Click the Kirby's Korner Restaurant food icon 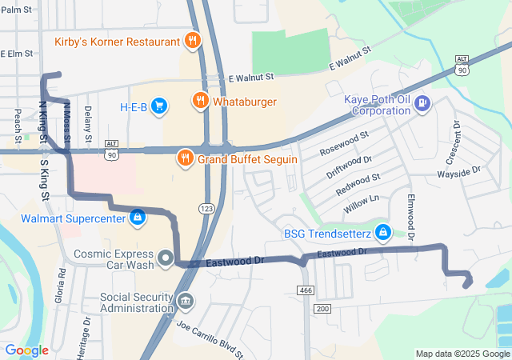pos(191,40)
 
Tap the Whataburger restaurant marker pos(199,102)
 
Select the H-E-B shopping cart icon pos(158,105)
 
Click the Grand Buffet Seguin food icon pos(186,158)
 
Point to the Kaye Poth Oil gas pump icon pos(422,103)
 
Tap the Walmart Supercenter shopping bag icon pos(138,217)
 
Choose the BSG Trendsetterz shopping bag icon pos(383,233)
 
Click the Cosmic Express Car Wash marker pos(166,258)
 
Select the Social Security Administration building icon pos(185,301)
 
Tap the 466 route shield pos(305,289)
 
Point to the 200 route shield pos(322,308)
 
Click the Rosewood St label pos(344,142)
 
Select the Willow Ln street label pos(361,203)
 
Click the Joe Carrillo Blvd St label pos(210,337)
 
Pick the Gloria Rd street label pos(62,283)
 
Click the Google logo pos(26,350)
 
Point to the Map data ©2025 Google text pos(462,354)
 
